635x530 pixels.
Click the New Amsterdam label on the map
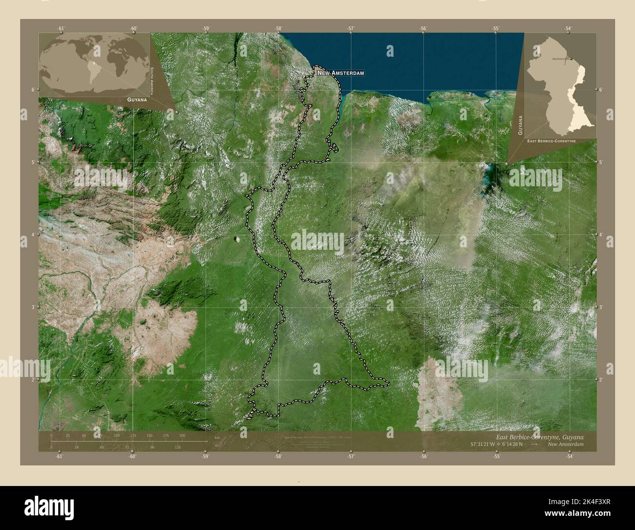341,73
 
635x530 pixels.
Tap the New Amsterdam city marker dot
313,73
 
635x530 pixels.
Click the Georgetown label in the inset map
562,58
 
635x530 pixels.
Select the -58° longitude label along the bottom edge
277,457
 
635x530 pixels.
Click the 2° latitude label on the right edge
601,379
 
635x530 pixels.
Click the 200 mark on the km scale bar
182,435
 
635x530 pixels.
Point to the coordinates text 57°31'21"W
485,444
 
